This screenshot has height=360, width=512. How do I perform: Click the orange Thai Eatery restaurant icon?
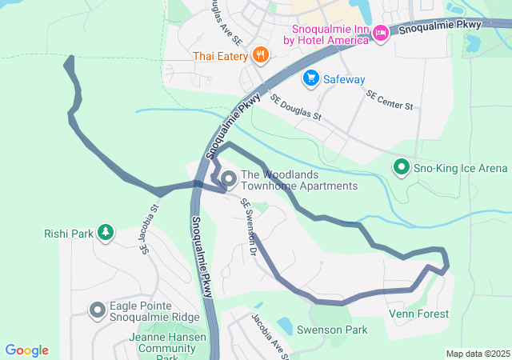click(x=259, y=55)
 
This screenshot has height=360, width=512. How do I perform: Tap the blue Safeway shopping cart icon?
click(x=310, y=78)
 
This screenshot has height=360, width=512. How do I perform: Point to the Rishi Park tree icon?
click(x=105, y=233)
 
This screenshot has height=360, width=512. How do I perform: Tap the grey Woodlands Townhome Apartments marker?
click(x=228, y=178)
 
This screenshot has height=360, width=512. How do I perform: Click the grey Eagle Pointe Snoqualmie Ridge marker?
click(x=98, y=310)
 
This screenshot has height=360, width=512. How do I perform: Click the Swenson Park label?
click(x=331, y=330)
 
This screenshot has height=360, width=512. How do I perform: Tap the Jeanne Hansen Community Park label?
click(x=167, y=344)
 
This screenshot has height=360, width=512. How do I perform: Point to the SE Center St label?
click(x=390, y=100)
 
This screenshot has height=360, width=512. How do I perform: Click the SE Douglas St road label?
click(x=295, y=108)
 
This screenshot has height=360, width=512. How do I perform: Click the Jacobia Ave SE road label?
click(x=269, y=335)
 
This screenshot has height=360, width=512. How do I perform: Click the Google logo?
click(x=26, y=350)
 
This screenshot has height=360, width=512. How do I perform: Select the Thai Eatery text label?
click(x=220, y=56)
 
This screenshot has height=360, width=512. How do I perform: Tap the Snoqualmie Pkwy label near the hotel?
click(x=439, y=26)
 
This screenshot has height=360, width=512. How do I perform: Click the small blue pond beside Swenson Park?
click(x=284, y=326)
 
